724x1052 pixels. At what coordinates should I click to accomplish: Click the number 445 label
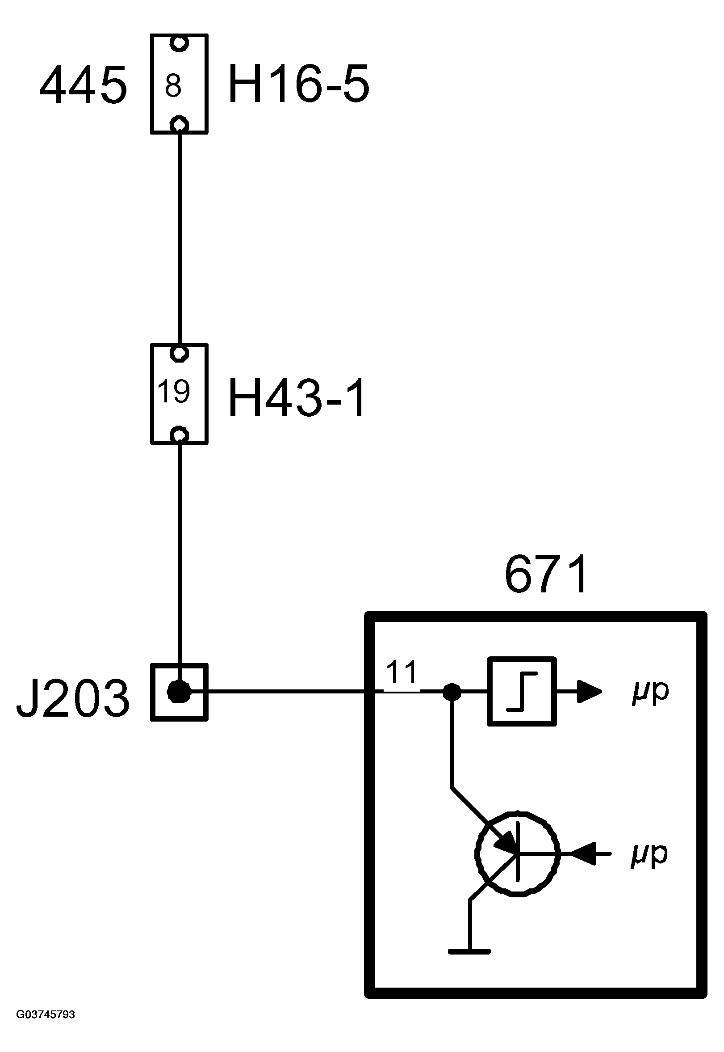tap(83, 85)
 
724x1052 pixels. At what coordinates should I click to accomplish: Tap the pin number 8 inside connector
tap(173, 86)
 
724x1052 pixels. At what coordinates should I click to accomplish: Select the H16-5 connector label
tap(298, 84)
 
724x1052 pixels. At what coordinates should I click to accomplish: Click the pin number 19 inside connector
tap(173, 391)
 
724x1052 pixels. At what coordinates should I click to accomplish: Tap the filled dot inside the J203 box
tap(179, 692)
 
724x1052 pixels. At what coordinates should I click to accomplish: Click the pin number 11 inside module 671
tap(402, 672)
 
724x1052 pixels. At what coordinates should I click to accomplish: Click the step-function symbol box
tap(522, 692)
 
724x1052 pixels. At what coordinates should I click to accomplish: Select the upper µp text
tap(650, 692)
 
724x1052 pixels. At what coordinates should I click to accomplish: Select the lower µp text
tap(649, 854)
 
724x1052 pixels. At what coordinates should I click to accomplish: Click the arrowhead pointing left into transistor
tap(583, 853)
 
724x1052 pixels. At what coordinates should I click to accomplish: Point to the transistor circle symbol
tap(518, 853)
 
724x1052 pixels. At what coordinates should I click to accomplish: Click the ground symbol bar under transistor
tap(469, 951)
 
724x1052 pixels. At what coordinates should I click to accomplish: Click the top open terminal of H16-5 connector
tap(179, 43)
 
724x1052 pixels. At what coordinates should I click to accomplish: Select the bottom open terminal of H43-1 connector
tap(179, 435)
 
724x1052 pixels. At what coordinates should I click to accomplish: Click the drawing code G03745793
tap(46, 1014)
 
